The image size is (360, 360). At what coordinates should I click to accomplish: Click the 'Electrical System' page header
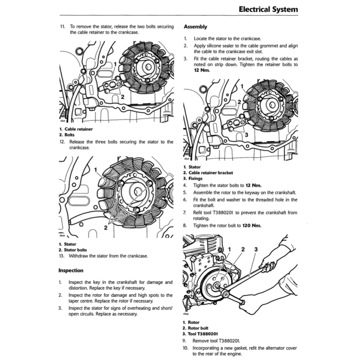pyautogui.click(x=268, y=9)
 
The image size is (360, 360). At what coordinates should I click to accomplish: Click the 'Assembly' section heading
pyautogui.click(x=195, y=27)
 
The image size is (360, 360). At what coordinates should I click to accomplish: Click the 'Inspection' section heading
pyautogui.click(x=71, y=270)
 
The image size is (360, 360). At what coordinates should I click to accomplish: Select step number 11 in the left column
pyautogui.click(x=63, y=26)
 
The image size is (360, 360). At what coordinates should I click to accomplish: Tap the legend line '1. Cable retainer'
pyautogui.click(x=76, y=129)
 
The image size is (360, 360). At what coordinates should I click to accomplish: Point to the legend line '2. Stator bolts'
pyautogui.click(x=73, y=250)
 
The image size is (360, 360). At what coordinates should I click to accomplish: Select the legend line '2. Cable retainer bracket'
pyautogui.click(x=208, y=173)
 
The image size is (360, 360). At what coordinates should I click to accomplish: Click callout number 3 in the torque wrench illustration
pyautogui.click(x=256, y=249)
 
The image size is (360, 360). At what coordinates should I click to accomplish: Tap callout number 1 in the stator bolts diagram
pyautogui.click(x=96, y=170)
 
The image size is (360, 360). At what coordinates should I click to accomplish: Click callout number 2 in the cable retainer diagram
pyautogui.click(x=122, y=97)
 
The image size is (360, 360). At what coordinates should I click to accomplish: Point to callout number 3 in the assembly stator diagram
pyautogui.click(x=246, y=135)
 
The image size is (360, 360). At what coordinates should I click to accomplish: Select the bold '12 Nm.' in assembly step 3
pyautogui.click(x=202, y=70)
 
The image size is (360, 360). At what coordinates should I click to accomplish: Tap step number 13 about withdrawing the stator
pyautogui.click(x=63, y=256)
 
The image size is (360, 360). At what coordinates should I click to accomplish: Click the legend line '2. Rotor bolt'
pyautogui.click(x=195, y=328)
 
